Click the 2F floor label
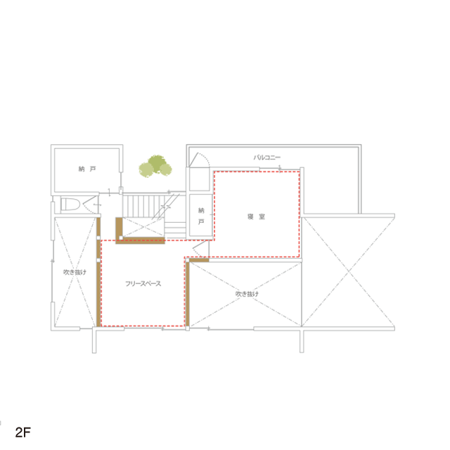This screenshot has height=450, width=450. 23,432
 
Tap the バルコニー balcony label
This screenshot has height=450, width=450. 267,157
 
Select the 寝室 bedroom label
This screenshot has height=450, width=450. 256,217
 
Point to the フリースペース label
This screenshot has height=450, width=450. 143,283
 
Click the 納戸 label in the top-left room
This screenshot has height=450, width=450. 87,169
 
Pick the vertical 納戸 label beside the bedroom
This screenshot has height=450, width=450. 201,216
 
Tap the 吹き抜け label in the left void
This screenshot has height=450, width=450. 75,272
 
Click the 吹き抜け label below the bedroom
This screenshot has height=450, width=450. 247,294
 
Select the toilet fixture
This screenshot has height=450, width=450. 70,204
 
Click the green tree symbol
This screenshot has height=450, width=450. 155,166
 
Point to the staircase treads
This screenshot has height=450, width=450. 143,205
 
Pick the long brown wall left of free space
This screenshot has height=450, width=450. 98,272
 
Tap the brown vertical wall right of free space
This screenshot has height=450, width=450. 188,293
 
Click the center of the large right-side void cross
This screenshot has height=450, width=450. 349,271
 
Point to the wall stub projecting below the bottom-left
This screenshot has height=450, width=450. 94,340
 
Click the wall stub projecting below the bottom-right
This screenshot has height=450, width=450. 302,340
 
